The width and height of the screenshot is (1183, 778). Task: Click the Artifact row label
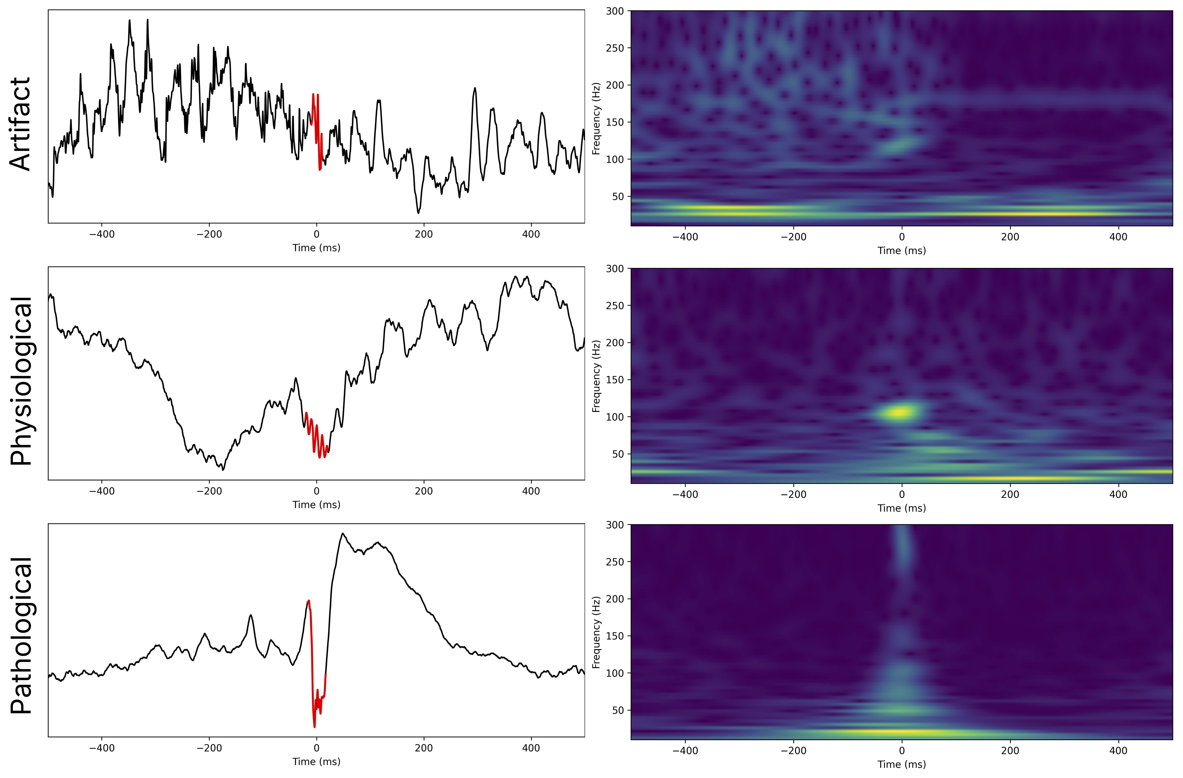pyautogui.click(x=21, y=124)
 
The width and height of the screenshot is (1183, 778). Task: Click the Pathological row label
pyautogui.click(x=21, y=636)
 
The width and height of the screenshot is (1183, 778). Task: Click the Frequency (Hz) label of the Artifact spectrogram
pyautogui.click(x=596, y=118)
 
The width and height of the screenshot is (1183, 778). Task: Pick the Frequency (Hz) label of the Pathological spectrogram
pyautogui.click(x=596, y=632)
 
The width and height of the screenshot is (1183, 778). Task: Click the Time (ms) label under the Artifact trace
pyautogui.click(x=316, y=247)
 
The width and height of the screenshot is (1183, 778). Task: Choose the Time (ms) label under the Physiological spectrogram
pyautogui.click(x=901, y=508)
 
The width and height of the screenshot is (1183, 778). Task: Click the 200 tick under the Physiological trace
pyautogui.click(x=424, y=491)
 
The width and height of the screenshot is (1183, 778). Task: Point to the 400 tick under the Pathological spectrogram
pyautogui.click(x=1118, y=750)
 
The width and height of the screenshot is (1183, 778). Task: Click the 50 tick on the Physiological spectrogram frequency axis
pyautogui.click(x=617, y=454)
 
